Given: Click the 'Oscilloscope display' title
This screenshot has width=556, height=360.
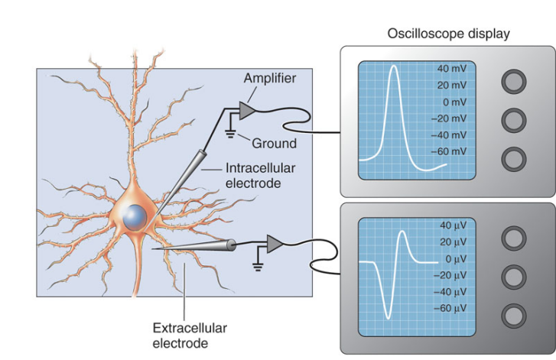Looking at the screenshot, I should [x=448, y=34].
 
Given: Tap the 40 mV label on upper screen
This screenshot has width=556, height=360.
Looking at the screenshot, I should [x=452, y=69].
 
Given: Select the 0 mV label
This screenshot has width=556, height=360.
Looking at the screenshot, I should [x=454, y=102].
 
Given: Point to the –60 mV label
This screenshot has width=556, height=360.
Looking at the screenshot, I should [x=448, y=151].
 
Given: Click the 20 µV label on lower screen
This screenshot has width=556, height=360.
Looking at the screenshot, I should [x=454, y=242].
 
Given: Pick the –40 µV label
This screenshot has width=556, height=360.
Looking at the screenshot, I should [x=450, y=291].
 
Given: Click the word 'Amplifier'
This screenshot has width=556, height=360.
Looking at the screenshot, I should [x=269, y=77].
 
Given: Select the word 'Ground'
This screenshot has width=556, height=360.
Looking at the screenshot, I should [x=274, y=143].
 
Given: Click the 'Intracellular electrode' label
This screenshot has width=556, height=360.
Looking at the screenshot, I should [x=254, y=175].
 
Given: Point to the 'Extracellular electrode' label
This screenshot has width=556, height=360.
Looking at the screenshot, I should [x=190, y=336].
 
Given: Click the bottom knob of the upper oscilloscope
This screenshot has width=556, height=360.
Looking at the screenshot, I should [x=513, y=158].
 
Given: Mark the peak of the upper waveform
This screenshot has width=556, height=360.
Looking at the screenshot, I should [x=394, y=67].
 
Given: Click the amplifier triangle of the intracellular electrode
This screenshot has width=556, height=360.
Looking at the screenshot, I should [x=248, y=112].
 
